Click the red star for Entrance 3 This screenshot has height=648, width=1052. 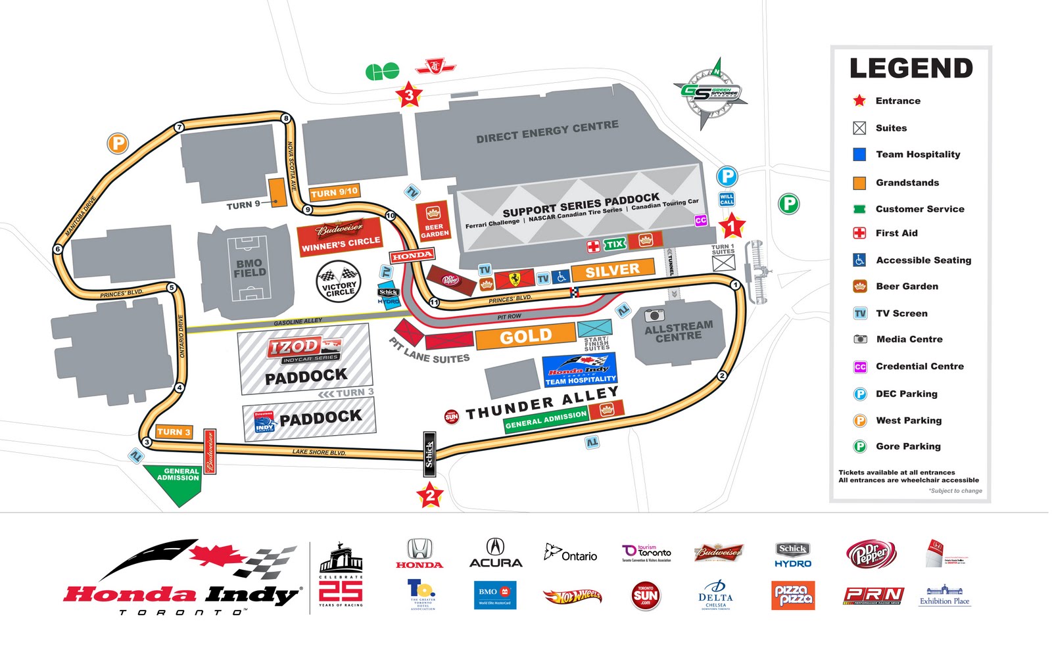[409, 96]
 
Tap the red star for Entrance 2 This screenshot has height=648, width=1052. [430, 495]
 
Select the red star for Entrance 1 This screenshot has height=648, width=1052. [731, 227]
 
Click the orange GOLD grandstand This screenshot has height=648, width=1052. [525, 336]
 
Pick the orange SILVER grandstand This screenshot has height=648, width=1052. [612, 269]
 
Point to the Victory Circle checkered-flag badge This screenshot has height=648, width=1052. [339, 281]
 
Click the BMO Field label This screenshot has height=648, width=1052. [250, 268]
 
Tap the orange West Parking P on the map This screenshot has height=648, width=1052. [118, 143]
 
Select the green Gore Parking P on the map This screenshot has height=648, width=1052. [788, 204]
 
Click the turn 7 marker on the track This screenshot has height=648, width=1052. [179, 127]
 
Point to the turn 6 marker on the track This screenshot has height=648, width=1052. [58, 249]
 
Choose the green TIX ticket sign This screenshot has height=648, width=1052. [615, 244]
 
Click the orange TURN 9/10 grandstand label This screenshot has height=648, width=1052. [334, 193]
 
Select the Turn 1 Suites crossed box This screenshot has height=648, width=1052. [723, 263]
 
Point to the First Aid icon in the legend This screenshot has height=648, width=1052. [859, 233]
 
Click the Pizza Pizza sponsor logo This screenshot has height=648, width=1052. [793, 595]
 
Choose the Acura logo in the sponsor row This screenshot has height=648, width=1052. [495, 553]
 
